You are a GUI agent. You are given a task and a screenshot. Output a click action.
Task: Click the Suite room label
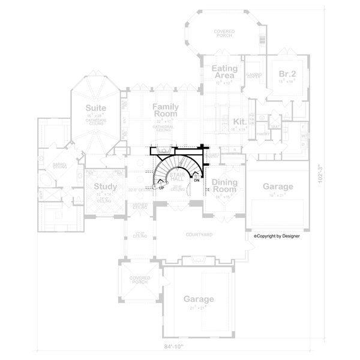pos(95,109)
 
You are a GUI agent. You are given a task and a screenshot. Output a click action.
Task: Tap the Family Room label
pos(166,110)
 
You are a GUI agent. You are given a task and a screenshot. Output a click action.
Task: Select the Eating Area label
pos(225,73)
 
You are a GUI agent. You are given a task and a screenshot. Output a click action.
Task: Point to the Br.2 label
pos(287,74)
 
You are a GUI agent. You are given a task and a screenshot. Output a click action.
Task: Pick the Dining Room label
pos(224,186)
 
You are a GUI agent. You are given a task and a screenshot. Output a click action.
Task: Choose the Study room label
pos(105,186)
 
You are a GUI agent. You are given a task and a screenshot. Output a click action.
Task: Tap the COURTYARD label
pos(197,235)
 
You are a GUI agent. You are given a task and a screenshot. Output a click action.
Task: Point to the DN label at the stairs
pos(196,180)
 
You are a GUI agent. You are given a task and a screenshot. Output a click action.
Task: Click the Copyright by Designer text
pos(277,236)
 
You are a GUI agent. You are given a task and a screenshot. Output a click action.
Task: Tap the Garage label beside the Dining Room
pos(278,187)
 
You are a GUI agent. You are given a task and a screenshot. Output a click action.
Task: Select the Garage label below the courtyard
pos(199,299)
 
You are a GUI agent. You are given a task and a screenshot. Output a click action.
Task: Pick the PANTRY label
pos(262,134)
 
